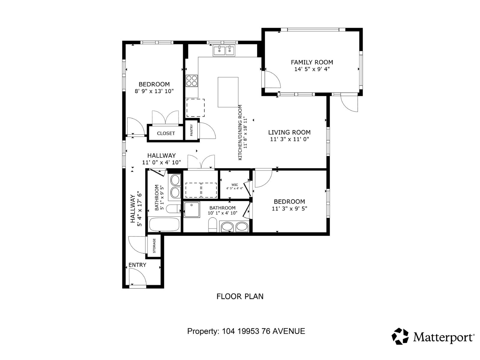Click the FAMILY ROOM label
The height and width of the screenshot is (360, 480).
point(312,62)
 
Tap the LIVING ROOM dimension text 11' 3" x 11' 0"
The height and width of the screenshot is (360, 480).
point(289,139)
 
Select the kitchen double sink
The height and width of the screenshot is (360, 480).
point(224,51)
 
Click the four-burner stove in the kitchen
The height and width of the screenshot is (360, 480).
point(192,80)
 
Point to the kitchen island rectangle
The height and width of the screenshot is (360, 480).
point(228,92)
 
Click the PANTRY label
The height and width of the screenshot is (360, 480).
point(191,130)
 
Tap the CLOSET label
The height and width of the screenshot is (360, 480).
point(166,133)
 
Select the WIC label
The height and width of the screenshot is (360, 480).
point(235,185)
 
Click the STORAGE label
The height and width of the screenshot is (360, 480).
point(154,246)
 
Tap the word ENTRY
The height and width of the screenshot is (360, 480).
point(137,265)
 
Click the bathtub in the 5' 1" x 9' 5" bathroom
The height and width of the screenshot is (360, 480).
point(164,224)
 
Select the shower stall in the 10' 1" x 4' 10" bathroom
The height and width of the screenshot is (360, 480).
point(192,210)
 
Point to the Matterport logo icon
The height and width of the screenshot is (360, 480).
point(400,336)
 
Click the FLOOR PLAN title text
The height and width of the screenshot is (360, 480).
point(240,296)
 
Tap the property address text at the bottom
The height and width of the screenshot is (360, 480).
point(246,331)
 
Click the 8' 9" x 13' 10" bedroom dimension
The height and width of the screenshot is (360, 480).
point(154,91)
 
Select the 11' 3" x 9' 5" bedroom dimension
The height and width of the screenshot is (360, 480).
point(289,208)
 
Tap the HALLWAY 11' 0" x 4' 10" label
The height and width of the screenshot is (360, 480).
point(161,159)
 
